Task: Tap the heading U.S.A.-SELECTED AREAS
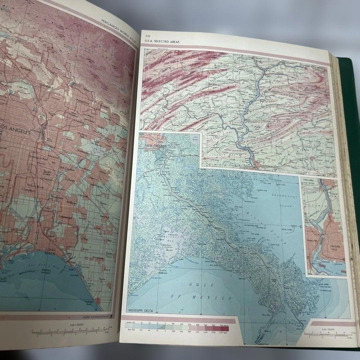160,42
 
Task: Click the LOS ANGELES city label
15,132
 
